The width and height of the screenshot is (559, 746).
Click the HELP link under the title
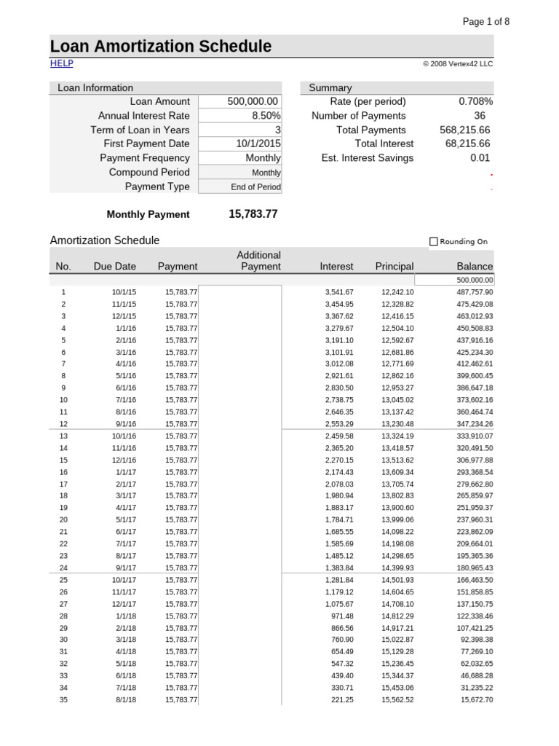(x=61, y=63)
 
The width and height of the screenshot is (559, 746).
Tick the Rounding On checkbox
(x=434, y=242)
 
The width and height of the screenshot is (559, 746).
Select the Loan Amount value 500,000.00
(x=253, y=102)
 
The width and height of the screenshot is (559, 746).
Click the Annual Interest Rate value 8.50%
(x=266, y=116)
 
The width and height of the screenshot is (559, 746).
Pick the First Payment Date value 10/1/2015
(x=258, y=144)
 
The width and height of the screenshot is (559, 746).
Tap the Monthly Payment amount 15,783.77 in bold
(x=253, y=214)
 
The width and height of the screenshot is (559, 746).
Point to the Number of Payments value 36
(x=480, y=116)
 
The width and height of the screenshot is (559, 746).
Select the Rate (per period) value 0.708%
(x=475, y=102)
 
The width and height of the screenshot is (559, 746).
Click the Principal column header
(x=394, y=267)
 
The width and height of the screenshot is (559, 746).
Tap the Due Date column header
(x=114, y=267)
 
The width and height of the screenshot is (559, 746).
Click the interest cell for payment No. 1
(x=339, y=292)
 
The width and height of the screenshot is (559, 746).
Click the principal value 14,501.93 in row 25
(x=397, y=580)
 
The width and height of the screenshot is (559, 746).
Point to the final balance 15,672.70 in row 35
(x=477, y=700)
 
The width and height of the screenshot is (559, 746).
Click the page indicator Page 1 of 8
(x=486, y=21)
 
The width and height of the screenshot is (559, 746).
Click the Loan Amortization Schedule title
(x=161, y=47)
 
